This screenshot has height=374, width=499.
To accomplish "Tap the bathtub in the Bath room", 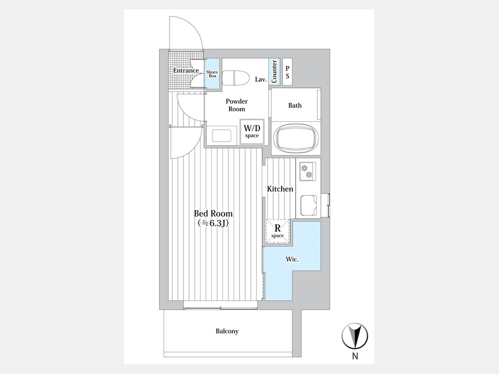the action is click(x=296, y=138).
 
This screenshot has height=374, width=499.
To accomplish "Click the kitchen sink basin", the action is click(x=308, y=205).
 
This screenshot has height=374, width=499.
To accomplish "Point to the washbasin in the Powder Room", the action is click(x=221, y=136).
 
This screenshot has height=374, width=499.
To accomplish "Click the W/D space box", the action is click(x=252, y=132).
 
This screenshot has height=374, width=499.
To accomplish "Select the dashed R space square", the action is click(x=278, y=231).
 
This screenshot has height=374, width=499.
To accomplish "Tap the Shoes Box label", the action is click(x=212, y=74).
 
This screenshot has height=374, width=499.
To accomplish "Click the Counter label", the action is click(x=274, y=71).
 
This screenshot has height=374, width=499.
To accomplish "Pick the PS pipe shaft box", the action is click(x=287, y=72).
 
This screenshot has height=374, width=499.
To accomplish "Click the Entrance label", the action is click(x=186, y=70).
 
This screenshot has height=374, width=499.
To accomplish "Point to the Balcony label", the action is click(x=227, y=331).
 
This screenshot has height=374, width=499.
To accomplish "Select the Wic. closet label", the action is click(x=292, y=259).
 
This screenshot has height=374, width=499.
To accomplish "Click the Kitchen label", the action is click(x=280, y=189).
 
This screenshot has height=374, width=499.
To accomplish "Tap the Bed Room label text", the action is click(x=213, y=213).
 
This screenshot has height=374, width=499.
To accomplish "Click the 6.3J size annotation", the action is click(x=213, y=223).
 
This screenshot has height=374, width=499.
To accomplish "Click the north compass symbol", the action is click(x=355, y=336).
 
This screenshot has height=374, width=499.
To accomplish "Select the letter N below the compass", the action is click(x=355, y=356).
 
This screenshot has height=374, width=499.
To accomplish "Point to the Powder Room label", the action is click(x=237, y=105).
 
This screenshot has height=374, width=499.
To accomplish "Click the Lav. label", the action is click(x=261, y=79).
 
